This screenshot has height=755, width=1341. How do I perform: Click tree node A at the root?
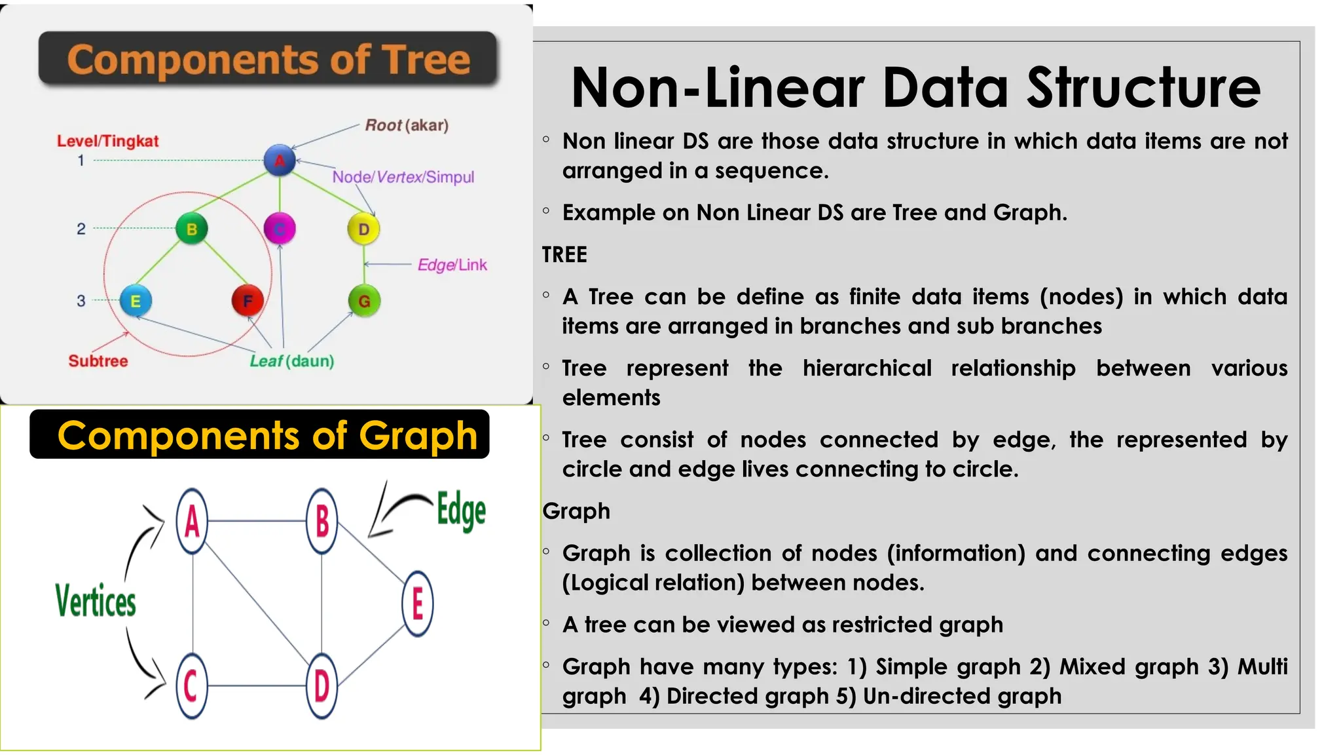tap(280, 160)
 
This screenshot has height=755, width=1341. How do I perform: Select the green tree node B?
tap(192, 229)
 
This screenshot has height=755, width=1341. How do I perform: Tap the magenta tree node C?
tap(280, 229)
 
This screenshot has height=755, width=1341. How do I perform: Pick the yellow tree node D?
tap(363, 229)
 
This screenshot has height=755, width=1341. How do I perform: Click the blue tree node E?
tap(136, 301)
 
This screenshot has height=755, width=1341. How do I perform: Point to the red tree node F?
tap(248, 301)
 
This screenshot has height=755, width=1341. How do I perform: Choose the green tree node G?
tap(364, 301)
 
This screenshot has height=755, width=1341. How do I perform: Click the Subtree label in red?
tap(98, 361)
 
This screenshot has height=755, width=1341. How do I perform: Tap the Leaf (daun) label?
tap(292, 361)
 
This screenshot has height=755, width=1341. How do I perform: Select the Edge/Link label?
tap(452, 265)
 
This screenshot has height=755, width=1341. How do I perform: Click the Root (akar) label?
tap(407, 125)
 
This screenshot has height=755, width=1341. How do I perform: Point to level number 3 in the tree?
tap(81, 301)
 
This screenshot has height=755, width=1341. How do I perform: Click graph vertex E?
tap(418, 604)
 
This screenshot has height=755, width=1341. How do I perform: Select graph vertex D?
tap(321, 686)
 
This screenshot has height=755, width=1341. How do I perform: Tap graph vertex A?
tap(192, 522)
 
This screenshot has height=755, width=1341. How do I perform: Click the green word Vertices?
tap(96, 601)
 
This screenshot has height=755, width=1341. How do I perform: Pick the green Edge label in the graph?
tap(461, 511)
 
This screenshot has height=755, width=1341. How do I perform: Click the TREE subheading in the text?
tap(564, 254)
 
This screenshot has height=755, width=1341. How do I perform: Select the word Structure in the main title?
tap(1143, 88)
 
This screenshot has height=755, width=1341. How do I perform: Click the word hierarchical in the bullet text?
tap(867, 368)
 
